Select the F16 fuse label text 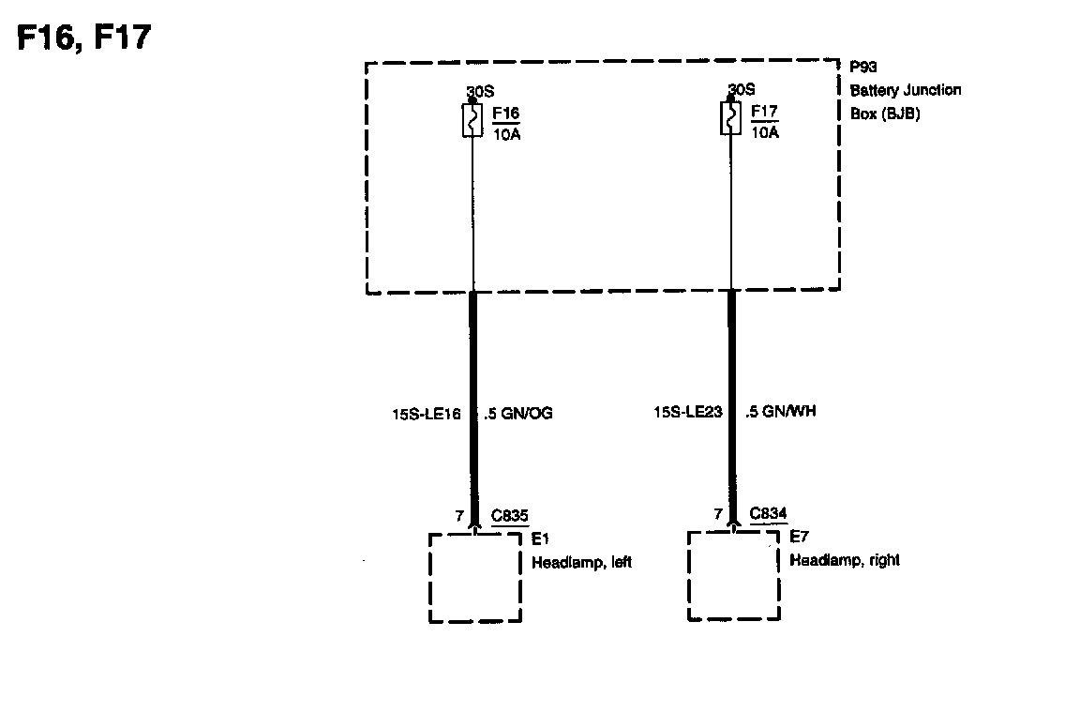coord(505,114)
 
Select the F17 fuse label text coord(764,113)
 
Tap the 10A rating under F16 coord(506,132)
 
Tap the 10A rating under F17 coord(765,131)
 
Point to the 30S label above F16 coord(480,92)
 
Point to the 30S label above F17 coord(741,89)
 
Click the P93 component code coord(863,68)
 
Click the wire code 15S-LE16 coord(426,413)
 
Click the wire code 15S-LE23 coord(688,411)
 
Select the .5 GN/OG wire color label coord(517,413)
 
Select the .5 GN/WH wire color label coord(780,411)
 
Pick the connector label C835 coord(510,515)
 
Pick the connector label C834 coord(769,513)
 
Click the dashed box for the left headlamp coord(475,577)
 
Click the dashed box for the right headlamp coord(734,575)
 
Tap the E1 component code coord(539,539)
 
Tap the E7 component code coord(798,538)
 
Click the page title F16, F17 coord(84,38)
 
